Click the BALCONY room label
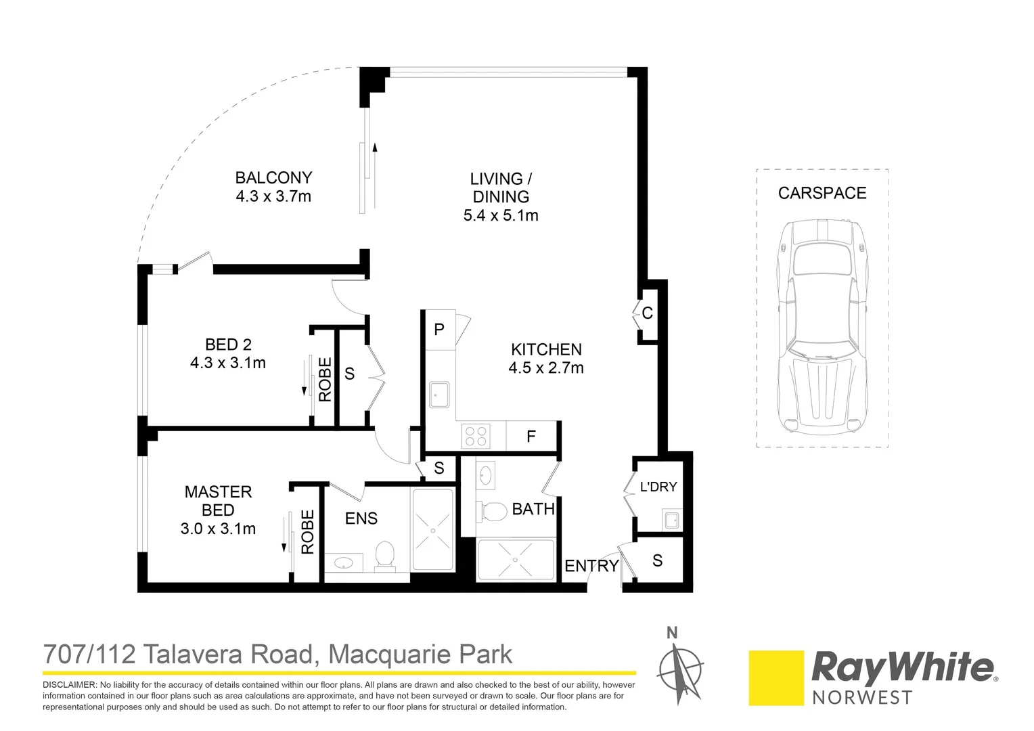[x=273, y=178]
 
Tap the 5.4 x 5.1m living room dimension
[x=501, y=216]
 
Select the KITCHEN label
[x=546, y=349]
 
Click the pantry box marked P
[x=439, y=330]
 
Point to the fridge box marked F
[x=531, y=437]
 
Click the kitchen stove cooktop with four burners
[x=475, y=436]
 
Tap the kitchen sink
[x=440, y=395]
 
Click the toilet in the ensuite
[x=384, y=556]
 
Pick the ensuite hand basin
[x=344, y=562]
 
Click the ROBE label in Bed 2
[x=325, y=380]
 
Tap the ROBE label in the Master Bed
[x=308, y=532]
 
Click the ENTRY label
[x=591, y=566]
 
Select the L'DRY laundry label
[x=658, y=487]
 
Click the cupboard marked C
[x=648, y=313]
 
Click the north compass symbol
[x=679, y=667]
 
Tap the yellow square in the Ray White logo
[x=775, y=678]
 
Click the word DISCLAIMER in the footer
[x=70, y=685]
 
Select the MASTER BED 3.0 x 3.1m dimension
[x=218, y=529]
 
